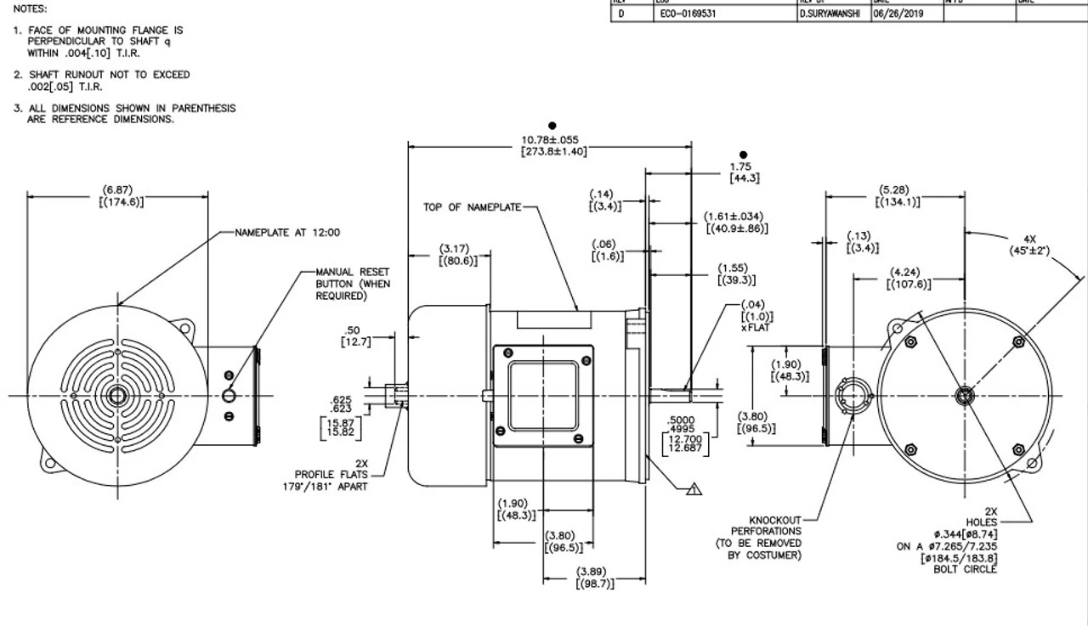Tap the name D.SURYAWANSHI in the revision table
pyautogui.click(x=833, y=14)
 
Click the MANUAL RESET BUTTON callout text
pyautogui.click(x=352, y=284)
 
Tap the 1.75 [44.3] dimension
pyautogui.click(x=744, y=172)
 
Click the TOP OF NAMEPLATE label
pyautogui.click(x=472, y=207)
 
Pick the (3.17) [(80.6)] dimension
pyautogui.click(x=457, y=255)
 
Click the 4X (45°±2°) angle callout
pyautogui.click(x=1028, y=245)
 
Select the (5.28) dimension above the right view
pyautogui.click(x=897, y=195)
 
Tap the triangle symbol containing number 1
pyautogui.click(x=694, y=488)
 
